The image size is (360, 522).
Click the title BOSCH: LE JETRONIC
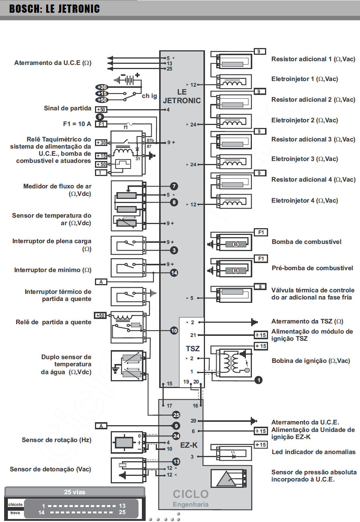pyautogui.click(x=54, y=9)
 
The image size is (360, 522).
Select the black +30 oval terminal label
pyautogui.click(x=101, y=87)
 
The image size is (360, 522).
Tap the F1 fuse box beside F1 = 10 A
pyautogui.click(x=101, y=124)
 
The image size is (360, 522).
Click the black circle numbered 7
pyautogui.click(x=174, y=186)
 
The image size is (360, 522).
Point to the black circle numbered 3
pyautogui.click(x=174, y=250)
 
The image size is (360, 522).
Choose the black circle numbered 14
pyautogui.click(x=174, y=273)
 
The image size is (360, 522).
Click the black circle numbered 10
pyautogui.click(x=174, y=331)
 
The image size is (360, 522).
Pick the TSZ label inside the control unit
pyautogui.click(x=193, y=349)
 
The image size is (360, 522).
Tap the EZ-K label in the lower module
pyautogui.click(x=189, y=445)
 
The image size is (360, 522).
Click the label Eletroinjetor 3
pyautogui.click(x=304, y=159)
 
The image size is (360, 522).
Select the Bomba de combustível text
pyautogui.click(x=306, y=242)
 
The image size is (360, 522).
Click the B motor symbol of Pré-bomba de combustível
pyautogui.click(x=235, y=271)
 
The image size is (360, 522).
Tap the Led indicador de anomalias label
pyautogui.click(x=313, y=452)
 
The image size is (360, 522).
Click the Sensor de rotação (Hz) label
pyautogui.click(x=56, y=440)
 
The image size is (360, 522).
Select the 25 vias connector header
pyautogui.click(x=75, y=492)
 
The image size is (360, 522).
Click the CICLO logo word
pyautogui.click(x=191, y=494)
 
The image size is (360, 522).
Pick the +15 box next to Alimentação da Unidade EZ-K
pyautogui.click(x=261, y=431)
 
